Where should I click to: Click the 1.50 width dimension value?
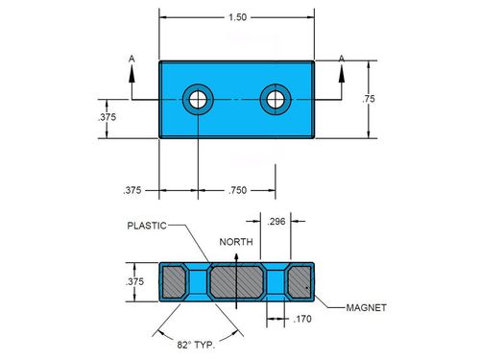pyautogui.click(x=237, y=17)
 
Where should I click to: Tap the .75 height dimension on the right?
pyautogui.click(x=369, y=99)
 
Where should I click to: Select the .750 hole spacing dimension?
pyautogui.click(x=238, y=190)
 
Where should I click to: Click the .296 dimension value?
pyautogui.click(x=276, y=221)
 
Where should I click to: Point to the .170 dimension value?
pyautogui.click(x=302, y=319)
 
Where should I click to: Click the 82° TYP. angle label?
pyautogui.click(x=196, y=345)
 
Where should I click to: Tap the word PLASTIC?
pyautogui.click(x=147, y=226)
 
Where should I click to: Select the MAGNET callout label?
pyautogui.click(x=367, y=308)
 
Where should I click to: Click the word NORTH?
pyautogui.click(x=236, y=242)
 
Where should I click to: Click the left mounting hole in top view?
pyautogui.click(x=198, y=100)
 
